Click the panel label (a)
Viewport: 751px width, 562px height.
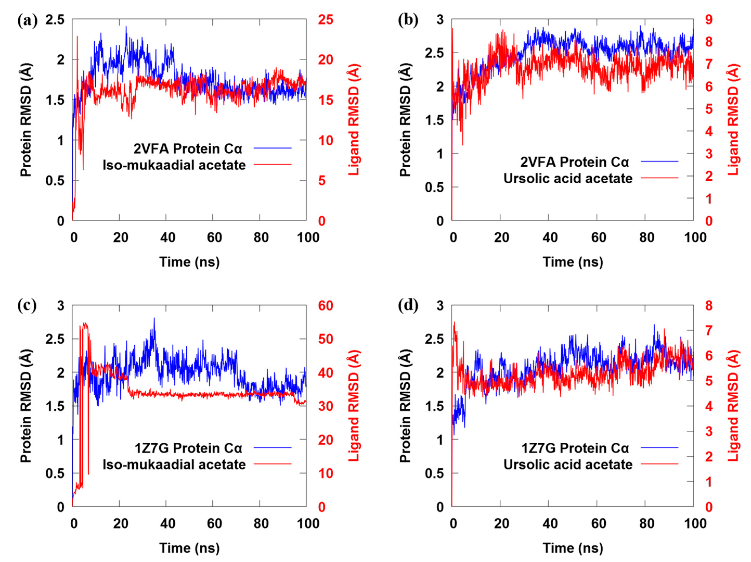tap(27, 21)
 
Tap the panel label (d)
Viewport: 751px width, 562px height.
tap(408, 305)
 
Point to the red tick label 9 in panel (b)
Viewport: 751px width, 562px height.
tap(709, 20)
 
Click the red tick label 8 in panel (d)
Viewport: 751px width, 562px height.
tap(709, 306)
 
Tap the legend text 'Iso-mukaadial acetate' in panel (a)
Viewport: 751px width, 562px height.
tap(174, 165)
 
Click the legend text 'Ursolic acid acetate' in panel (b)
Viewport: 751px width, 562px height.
tap(568, 178)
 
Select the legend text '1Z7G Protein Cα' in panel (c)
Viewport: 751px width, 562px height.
tap(188, 448)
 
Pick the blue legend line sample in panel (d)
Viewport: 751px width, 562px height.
tap(659, 448)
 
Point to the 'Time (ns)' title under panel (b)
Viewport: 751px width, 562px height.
tap(573, 262)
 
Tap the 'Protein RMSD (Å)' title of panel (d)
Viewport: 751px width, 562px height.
tap(405, 406)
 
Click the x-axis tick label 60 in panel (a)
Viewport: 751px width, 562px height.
tap(214, 237)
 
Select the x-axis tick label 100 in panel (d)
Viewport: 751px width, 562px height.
tap(695, 523)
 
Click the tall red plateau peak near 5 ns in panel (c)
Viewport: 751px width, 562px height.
tap(85, 325)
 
